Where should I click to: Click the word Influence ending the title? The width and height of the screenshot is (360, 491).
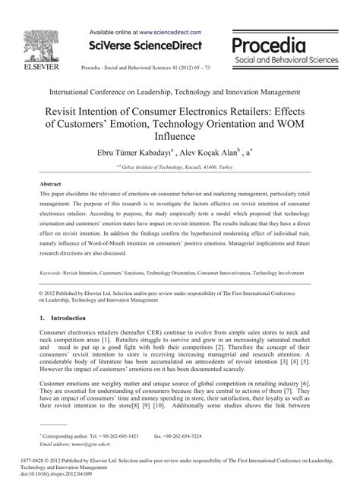pos(179,138)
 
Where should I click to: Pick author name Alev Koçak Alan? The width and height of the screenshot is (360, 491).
pos(232,152)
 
